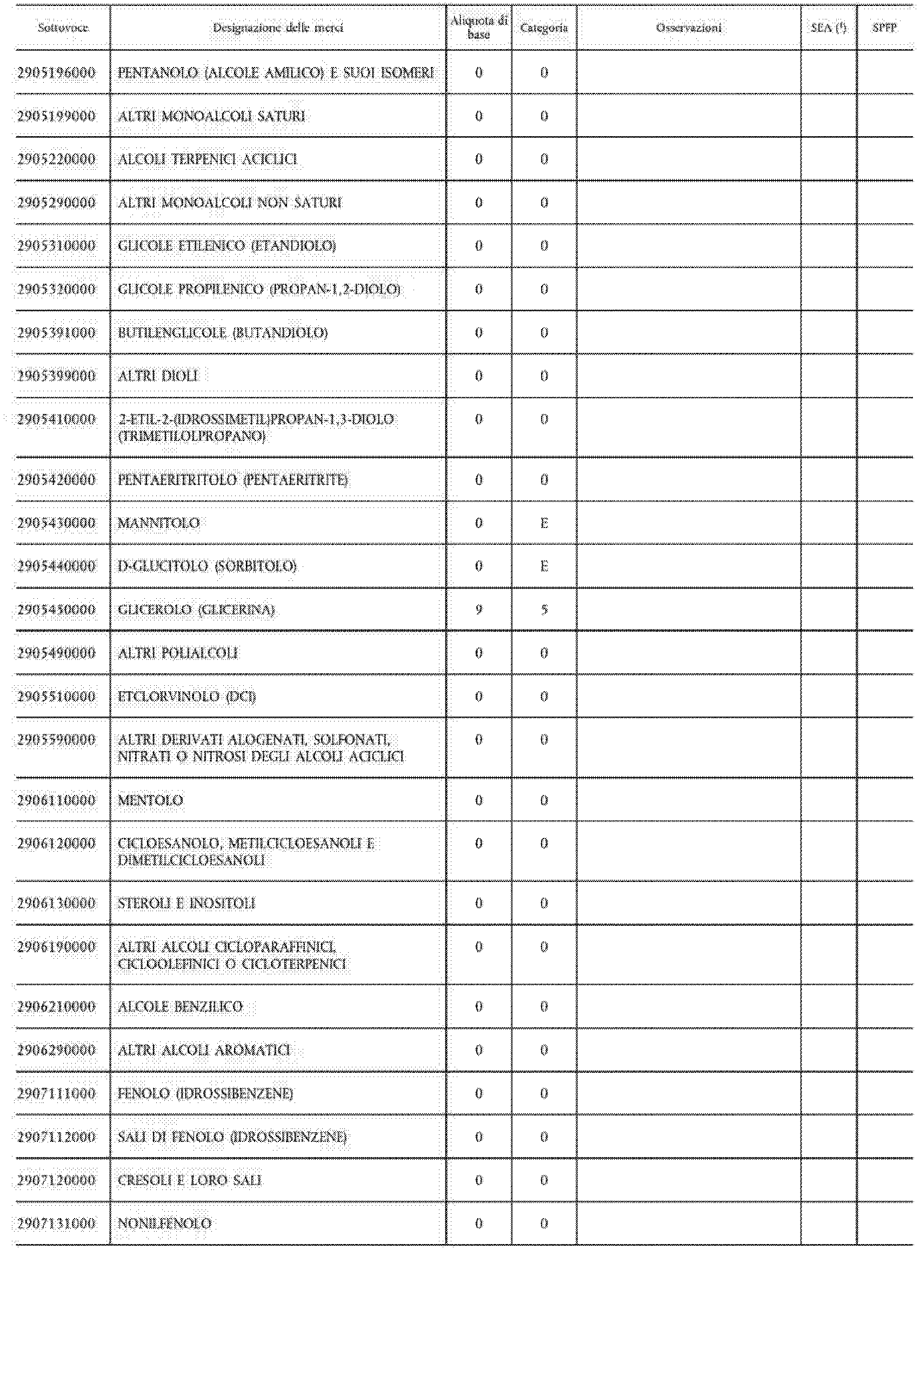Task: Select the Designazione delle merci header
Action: click(x=277, y=28)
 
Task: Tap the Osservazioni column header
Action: click(x=689, y=28)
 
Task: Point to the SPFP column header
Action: click(x=884, y=28)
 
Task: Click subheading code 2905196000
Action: click(x=56, y=73)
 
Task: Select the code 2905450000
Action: click(x=56, y=610)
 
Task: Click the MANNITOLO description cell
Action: click(x=159, y=523)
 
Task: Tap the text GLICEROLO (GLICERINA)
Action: click(x=196, y=610)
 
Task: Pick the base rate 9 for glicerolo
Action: click(x=479, y=610)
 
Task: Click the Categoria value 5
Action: click(x=544, y=610)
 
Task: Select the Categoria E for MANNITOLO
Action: click(x=544, y=523)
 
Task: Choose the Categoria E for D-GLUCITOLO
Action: click(x=544, y=566)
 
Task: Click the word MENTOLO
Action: click(x=151, y=800)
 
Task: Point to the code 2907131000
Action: click(x=56, y=1224)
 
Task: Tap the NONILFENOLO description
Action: click(x=164, y=1224)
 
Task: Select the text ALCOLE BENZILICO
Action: click(x=180, y=1007)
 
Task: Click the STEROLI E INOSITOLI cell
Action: click(x=186, y=904)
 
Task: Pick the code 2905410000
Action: click(x=56, y=419)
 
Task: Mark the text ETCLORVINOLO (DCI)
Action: click(x=186, y=697)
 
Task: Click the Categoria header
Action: click(x=544, y=28)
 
